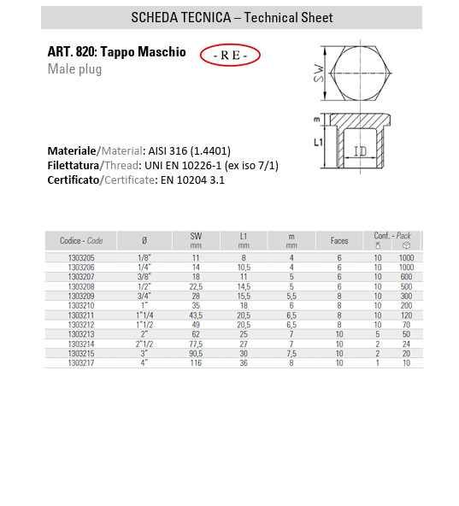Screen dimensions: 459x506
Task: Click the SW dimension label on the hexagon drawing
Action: [x=318, y=74]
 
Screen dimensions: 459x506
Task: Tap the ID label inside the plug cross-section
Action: [x=360, y=150]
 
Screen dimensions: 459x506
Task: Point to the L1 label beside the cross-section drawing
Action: [x=318, y=142]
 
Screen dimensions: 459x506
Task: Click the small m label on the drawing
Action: [x=316, y=120]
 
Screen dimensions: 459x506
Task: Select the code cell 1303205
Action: [x=81, y=258]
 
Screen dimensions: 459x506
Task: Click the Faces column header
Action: [x=339, y=241]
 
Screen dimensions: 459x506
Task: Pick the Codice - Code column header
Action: [x=81, y=241]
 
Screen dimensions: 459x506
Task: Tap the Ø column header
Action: [x=144, y=241]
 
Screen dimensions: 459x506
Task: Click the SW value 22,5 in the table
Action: [x=196, y=286]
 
